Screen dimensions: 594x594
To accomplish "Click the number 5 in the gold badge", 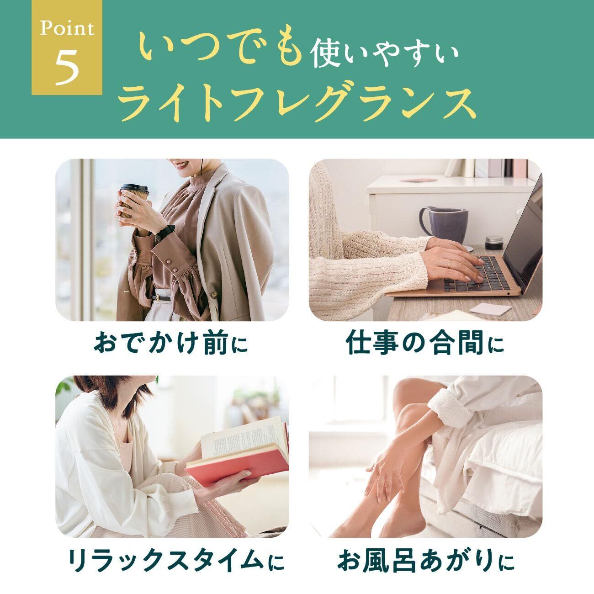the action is click(67, 65).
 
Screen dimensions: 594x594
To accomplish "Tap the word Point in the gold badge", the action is click(67, 29).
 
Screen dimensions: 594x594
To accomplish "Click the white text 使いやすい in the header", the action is click(384, 53).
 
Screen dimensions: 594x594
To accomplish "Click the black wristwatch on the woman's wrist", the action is click(164, 233).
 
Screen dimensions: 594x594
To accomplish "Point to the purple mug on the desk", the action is click(444, 224).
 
